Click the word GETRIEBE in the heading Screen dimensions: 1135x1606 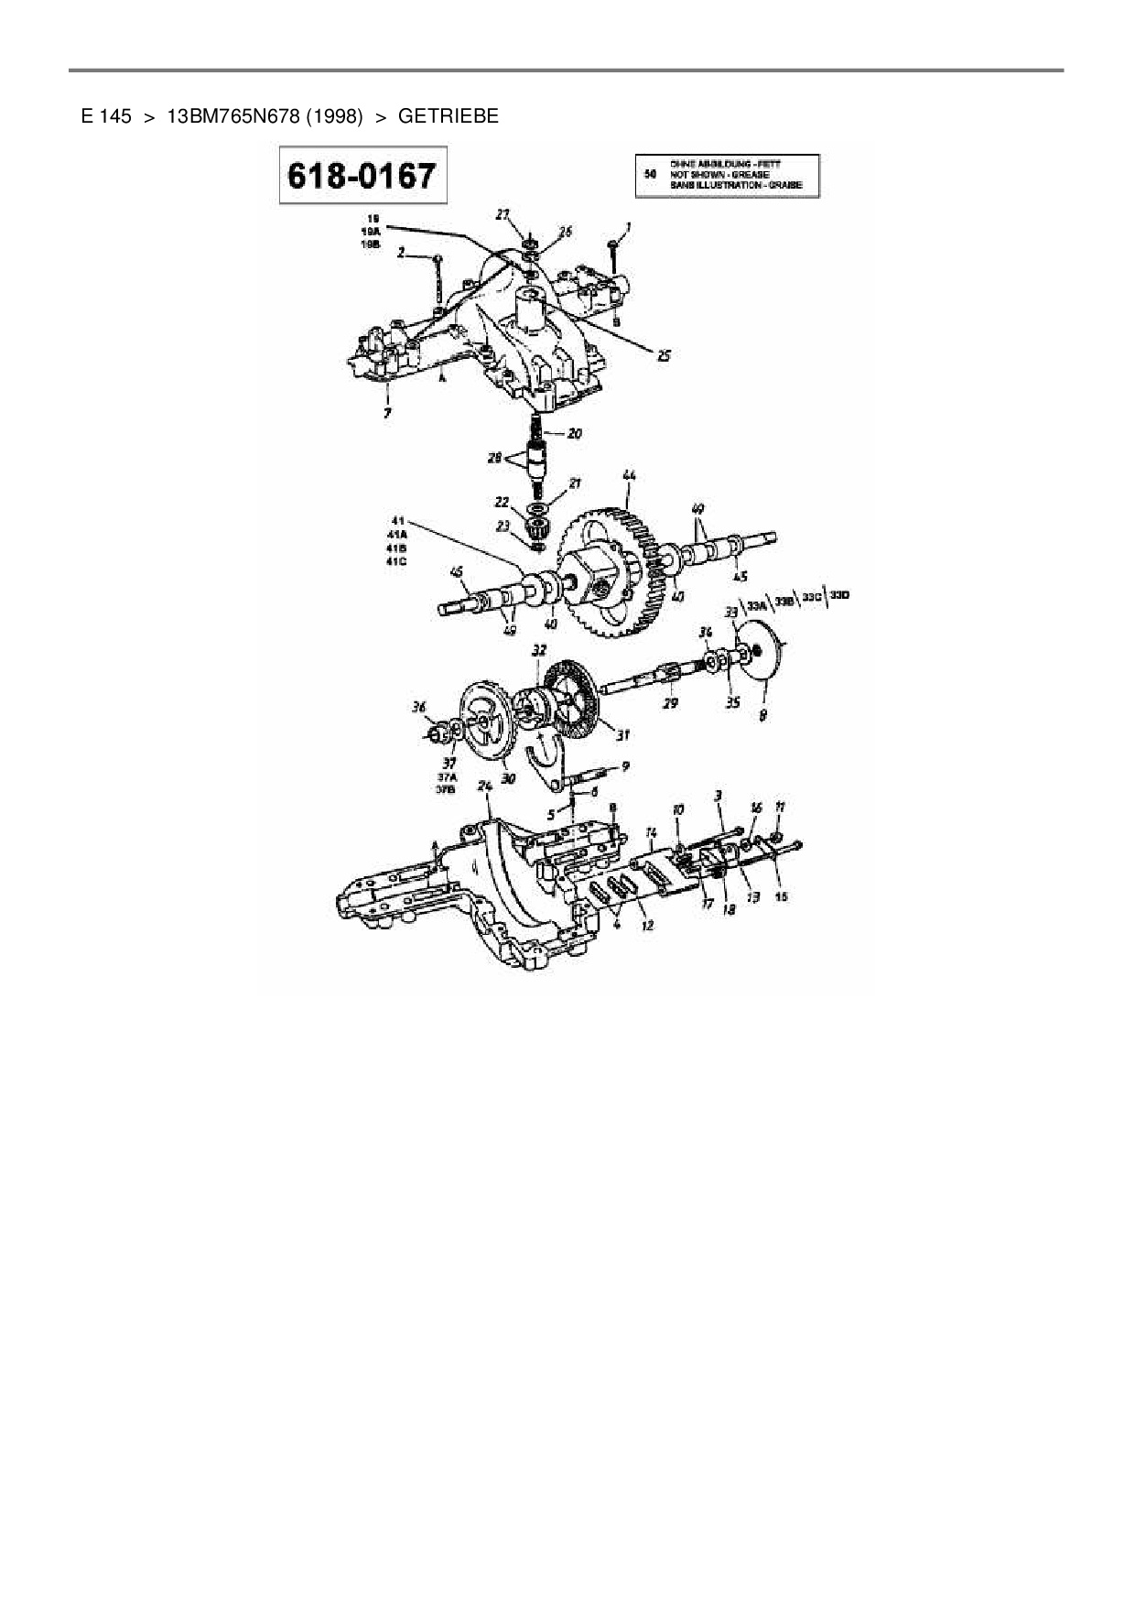[x=449, y=116]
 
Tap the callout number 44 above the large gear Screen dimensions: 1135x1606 [x=629, y=476]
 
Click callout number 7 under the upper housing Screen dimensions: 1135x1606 [x=387, y=413]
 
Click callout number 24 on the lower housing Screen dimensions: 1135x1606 [x=485, y=786]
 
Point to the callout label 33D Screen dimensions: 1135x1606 [x=840, y=596]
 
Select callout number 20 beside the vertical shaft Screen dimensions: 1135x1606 [x=574, y=434]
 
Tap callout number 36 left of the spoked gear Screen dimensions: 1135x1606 [x=419, y=706]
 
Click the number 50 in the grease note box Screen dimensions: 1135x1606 [x=652, y=172]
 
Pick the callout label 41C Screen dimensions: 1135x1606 [x=396, y=560]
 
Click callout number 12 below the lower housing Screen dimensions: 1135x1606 [x=647, y=925]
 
